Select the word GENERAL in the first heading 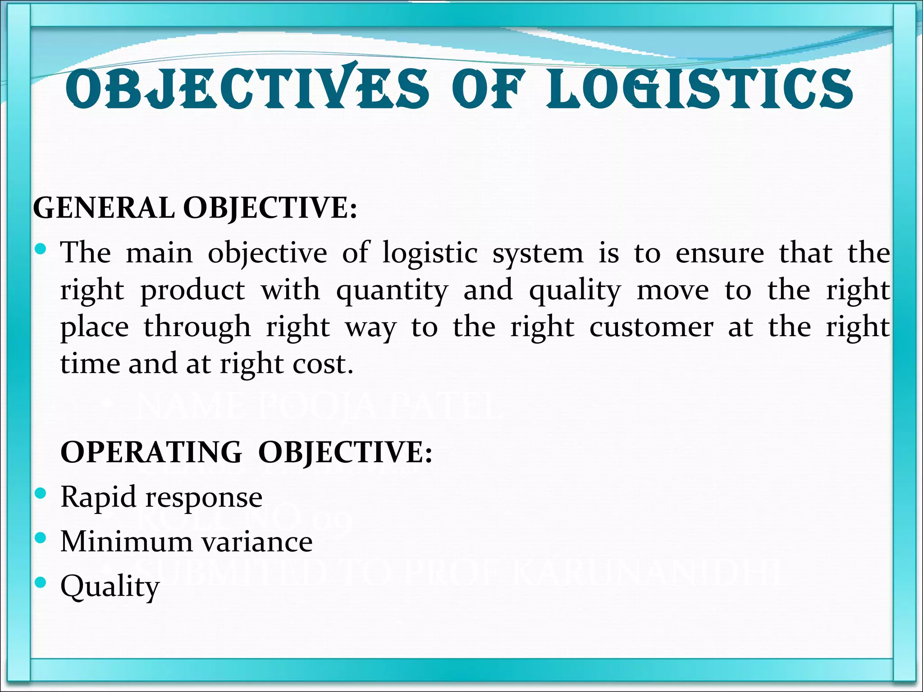point(104,209)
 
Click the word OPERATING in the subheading point(151,452)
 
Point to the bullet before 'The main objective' point(40,248)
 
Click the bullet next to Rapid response point(40,493)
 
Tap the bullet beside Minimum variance point(40,537)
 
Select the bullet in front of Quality point(40,582)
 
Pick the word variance point(257,542)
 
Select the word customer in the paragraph point(652,328)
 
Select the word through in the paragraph point(197,328)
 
